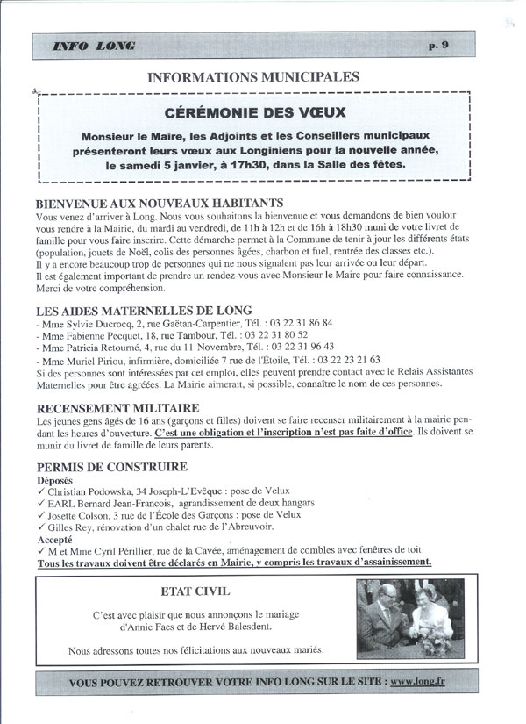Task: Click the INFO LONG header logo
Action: click(93, 46)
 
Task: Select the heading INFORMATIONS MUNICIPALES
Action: click(254, 77)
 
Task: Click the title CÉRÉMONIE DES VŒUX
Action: click(255, 112)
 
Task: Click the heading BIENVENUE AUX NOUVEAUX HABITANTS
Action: click(160, 203)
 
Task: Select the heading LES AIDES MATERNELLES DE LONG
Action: click(144, 310)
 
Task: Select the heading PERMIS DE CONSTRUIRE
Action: click(111, 467)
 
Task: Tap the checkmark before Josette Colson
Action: click(40, 517)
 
